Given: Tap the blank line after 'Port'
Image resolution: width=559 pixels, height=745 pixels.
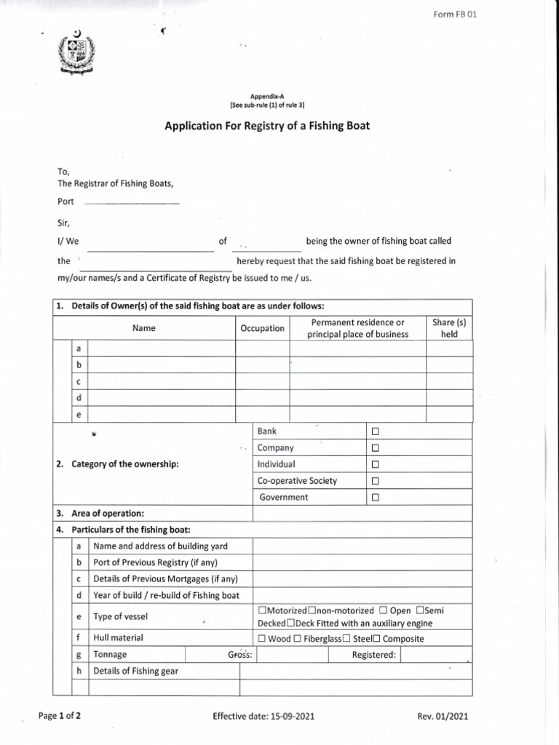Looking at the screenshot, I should tap(130, 202).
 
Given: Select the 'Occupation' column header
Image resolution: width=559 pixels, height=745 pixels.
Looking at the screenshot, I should tap(262, 328).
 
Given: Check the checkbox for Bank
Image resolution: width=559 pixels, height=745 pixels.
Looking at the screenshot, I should tap(376, 432).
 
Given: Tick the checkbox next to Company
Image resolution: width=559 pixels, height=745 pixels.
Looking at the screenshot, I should tap(376, 448).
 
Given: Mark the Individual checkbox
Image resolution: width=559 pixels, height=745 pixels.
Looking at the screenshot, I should tap(376, 465).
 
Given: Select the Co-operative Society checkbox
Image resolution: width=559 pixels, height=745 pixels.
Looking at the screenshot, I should tap(376, 482).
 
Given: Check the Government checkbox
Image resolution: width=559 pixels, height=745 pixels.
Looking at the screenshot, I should tap(376, 498).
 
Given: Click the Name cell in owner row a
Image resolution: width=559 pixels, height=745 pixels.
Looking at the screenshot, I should tap(161, 349).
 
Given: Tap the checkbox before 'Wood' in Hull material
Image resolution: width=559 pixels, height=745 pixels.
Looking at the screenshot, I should tap(262, 639).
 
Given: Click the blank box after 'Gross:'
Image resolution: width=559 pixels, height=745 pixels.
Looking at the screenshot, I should tap(292, 655).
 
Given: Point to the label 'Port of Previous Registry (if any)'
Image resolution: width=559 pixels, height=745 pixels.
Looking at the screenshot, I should tap(156, 562).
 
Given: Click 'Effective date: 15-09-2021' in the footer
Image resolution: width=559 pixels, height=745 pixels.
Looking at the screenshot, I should tap(263, 717).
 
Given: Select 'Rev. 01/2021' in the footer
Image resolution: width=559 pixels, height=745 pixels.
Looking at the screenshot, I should tap(443, 717).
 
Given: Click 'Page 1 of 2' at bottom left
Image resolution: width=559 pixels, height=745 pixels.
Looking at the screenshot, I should tap(60, 716).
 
